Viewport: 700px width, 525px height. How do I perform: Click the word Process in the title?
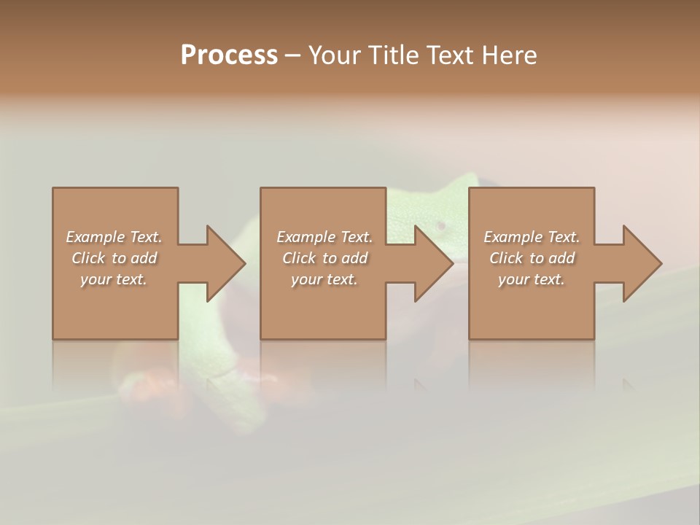[229, 55]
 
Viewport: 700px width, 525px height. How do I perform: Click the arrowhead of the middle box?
[433, 263]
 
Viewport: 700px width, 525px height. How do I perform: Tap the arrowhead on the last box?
[642, 263]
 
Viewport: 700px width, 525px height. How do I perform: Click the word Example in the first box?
[95, 237]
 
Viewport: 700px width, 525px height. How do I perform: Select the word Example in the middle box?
[305, 237]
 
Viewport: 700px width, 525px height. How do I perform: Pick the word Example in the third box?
[512, 237]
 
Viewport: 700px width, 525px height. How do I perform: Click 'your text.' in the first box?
[114, 279]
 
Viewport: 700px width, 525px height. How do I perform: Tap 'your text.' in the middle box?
[324, 279]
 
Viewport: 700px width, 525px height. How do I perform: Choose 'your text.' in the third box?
[532, 279]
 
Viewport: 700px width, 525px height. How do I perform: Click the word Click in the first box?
[87, 258]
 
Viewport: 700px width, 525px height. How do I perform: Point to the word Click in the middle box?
[298, 258]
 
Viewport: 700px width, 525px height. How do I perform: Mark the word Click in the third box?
[505, 258]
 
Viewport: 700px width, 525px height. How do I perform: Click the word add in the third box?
[562, 258]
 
